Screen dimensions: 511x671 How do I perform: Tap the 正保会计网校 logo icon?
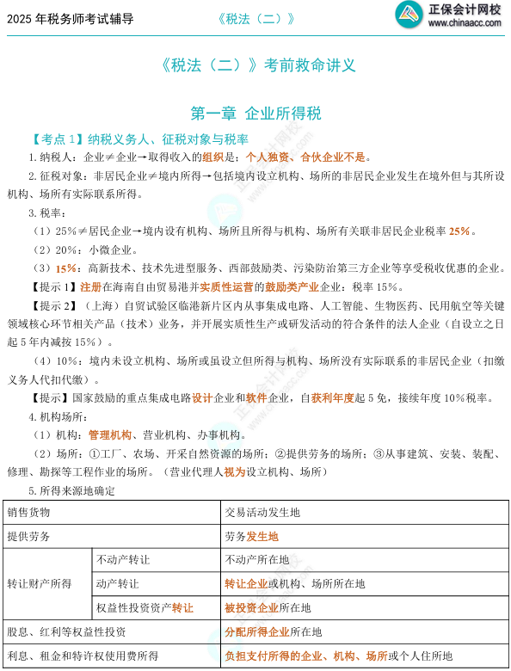tap(405, 15)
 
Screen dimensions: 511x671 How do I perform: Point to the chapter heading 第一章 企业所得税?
tap(255, 112)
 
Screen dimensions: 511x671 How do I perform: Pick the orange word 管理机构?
tap(109, 435)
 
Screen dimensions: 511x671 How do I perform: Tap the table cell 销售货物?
tap(29, 513)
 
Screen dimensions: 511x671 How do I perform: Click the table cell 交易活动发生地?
tap(262, 513)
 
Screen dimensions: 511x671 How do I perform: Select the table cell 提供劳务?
tap(29, 536)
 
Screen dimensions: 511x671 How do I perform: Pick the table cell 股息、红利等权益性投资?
tap(67, 631)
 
